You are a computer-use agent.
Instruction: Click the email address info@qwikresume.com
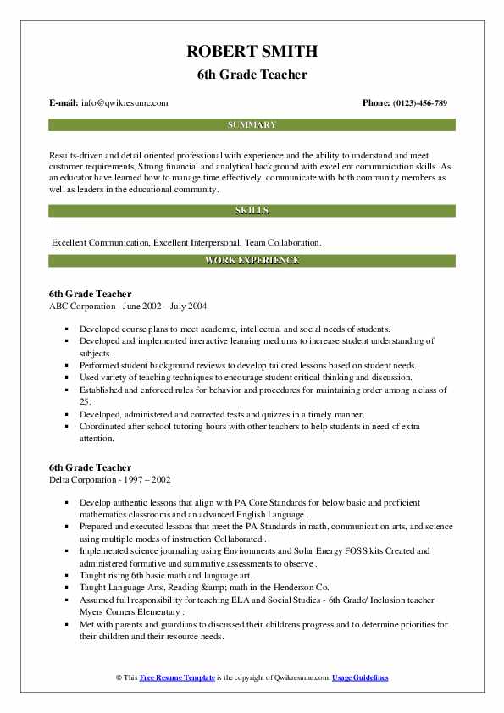coord(125,103)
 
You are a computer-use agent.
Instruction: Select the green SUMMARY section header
coord(252,125)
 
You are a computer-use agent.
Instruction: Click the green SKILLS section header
coord(252,210)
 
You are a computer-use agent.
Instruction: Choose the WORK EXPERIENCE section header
coord(252,261)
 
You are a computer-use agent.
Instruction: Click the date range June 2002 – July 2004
coord(164,306)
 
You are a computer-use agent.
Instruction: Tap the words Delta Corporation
coord(85,479)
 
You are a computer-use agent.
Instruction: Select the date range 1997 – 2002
coord(152,479)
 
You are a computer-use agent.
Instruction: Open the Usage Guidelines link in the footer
coord(360,678)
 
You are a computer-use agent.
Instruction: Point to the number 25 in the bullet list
coord(86,401)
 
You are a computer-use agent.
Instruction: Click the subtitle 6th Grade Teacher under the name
coord(252,75)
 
